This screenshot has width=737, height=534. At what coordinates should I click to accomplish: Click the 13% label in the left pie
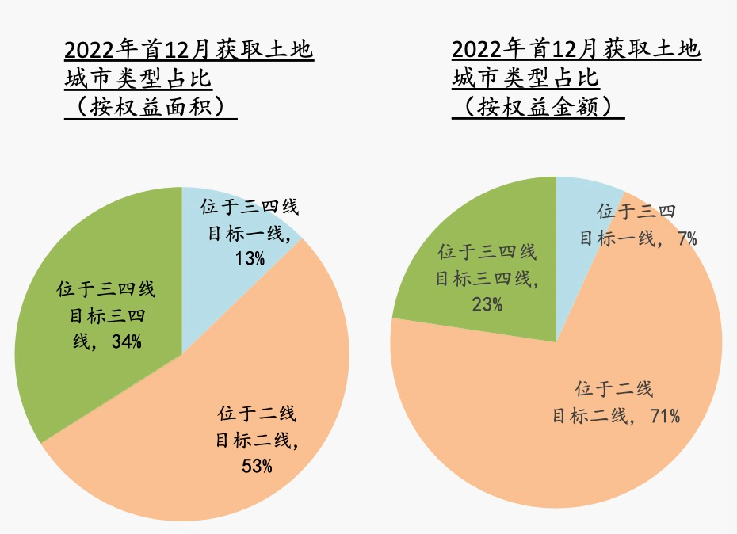(x=250, y=258)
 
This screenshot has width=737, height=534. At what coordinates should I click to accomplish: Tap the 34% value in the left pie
(x=127, y=341)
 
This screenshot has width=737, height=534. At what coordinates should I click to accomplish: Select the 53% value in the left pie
(x=257, y=466)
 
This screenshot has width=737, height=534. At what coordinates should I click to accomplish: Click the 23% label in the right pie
(x=487, y=303)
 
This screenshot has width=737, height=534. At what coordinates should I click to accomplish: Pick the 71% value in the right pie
(x=664, y=416)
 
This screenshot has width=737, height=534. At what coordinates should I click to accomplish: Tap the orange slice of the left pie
(x=238, y=372)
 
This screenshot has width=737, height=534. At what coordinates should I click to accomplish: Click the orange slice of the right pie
(x=555, y=444)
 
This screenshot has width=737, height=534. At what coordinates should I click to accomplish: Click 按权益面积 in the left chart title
(x=151, y=107)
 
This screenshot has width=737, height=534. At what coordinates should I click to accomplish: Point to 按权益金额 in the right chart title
(x=538, y=107)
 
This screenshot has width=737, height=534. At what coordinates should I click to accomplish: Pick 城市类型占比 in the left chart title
(x=138, y=78)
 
